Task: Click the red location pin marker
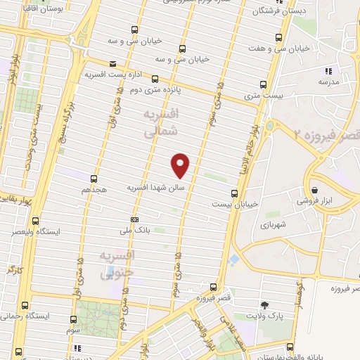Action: pos(181,165)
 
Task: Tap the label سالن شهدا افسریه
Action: pos(155,188)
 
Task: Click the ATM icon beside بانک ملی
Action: pos(134,219)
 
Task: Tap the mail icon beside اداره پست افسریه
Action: pos(112,64)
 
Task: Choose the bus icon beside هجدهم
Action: pos(94,179)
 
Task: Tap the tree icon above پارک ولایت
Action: pos(264,304)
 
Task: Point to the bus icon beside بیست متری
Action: pos(264,83)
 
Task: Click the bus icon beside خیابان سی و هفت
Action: pos(279,38)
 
